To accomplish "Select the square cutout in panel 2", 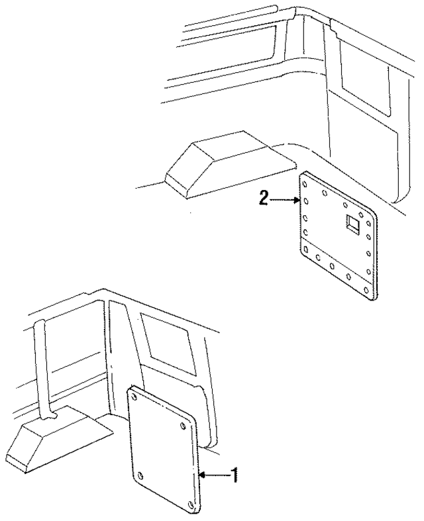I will tap(350, 224).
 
